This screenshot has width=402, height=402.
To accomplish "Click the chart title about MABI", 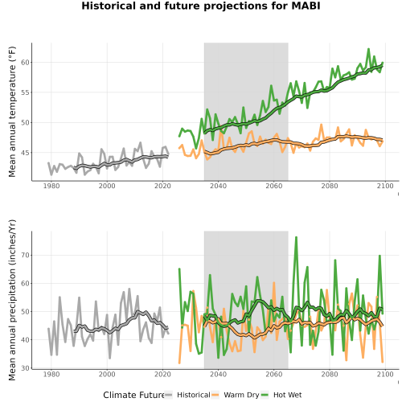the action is tap(201, 6).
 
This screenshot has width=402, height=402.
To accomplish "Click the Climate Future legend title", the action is tap(133, 395).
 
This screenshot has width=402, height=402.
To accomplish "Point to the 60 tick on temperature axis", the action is tap(25, 62).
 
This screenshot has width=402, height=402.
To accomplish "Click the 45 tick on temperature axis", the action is tap(25, 153).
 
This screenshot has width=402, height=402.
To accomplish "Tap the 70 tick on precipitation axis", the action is tap(25, 255).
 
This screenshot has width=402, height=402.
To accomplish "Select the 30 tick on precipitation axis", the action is tap(25, 368).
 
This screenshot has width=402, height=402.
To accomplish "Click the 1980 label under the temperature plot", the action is tap(51, 186).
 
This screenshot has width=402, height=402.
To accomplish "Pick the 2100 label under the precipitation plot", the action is tap(385, 374).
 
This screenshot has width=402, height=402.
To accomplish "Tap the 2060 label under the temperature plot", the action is tap(274, 186).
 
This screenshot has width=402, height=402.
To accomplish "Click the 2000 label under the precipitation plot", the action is tap(107, 374).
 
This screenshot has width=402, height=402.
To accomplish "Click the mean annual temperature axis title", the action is tap(12, 112).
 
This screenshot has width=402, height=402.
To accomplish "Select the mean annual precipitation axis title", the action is tap(12, 300).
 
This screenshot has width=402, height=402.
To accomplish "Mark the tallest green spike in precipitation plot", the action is tap(296, 237).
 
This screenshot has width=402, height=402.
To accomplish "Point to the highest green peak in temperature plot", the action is tap(368, 49).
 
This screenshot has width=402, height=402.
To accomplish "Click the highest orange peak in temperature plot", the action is tap(321, 125).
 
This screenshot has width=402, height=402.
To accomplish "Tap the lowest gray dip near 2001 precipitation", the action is tap(110, 358).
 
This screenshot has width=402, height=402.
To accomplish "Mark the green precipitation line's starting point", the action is tap(179, 269).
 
